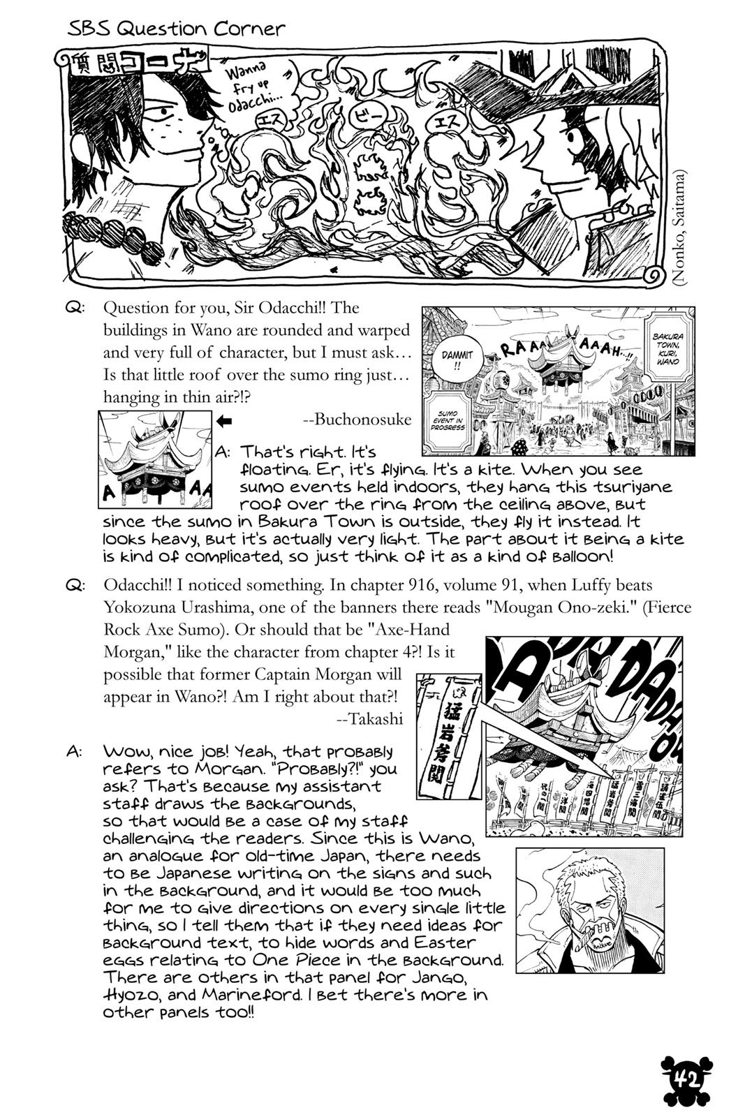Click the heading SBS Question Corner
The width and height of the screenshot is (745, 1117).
click(177, 29)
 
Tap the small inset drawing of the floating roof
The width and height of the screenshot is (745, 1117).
click(154, 459)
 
